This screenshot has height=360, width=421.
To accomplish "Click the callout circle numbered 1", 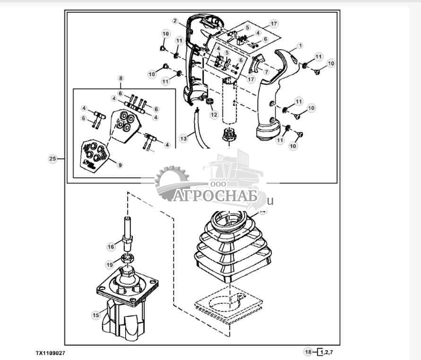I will tap(300, 46).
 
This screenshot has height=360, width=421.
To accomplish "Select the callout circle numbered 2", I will tap(175, 21).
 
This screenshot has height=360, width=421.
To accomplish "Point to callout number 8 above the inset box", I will tap(120, 78).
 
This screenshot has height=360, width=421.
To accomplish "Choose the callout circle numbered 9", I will tap(120, 165).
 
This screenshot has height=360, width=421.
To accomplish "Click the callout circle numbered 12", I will tap(214, 114).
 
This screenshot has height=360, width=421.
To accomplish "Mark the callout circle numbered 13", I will tap(184, 138).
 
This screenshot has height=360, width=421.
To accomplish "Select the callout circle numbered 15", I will tap(96, 314).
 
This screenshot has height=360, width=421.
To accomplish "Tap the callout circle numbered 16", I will tap(111, 246).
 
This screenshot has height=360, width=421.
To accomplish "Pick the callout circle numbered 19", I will tap(109, 265).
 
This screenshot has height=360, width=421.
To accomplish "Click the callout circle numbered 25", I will tap(53, 159).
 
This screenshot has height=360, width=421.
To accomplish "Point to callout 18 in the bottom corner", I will tap(308, 352).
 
